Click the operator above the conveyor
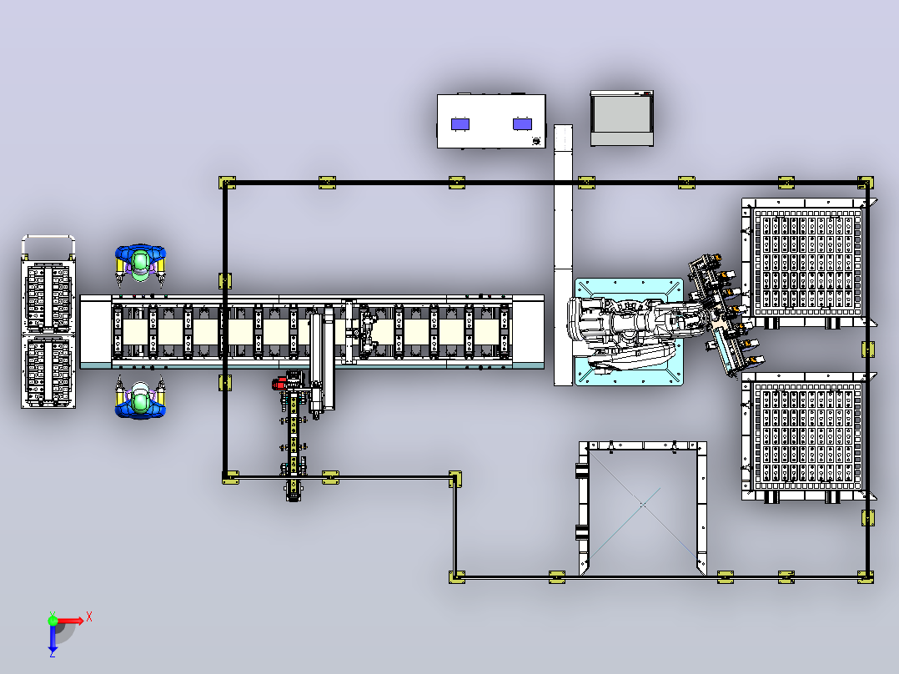[140, 264]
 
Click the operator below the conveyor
[140, 398]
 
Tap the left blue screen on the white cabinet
[460, 124]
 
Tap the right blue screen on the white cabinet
[522, 124]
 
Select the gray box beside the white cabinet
[622, 118]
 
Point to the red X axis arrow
[72, 621]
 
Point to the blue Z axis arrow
[53, 639]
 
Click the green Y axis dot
[53, 620]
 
